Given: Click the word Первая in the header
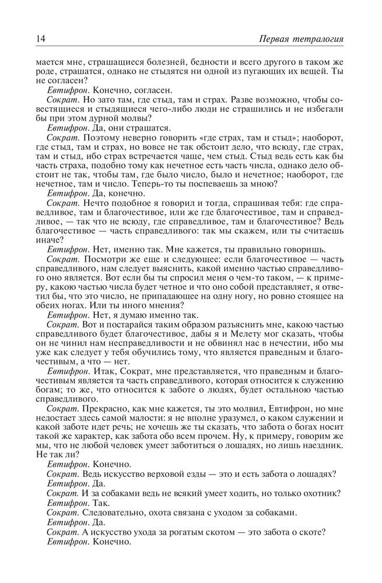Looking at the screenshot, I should pos(275,39).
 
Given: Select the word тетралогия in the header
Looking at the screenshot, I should pos(318,39).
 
